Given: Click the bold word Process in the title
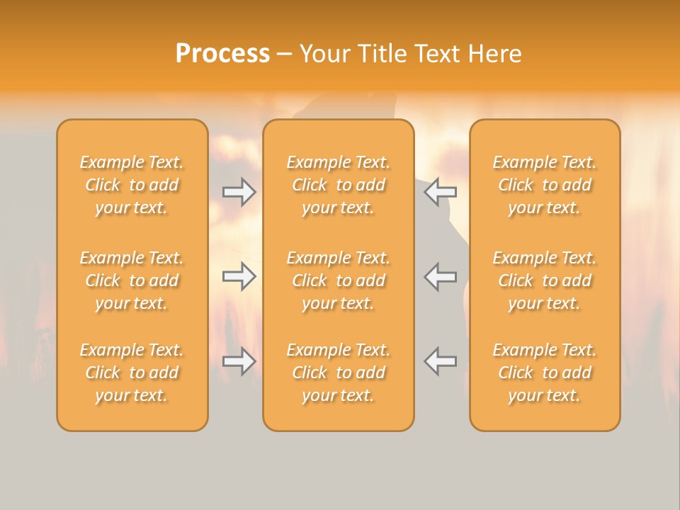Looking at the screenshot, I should pos(222,54).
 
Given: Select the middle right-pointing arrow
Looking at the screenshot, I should pos(239,276).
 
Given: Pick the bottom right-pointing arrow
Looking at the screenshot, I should pos(239,361).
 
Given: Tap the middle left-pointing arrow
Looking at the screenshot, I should pos(441,276).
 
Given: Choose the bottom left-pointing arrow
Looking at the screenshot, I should pos(441,361).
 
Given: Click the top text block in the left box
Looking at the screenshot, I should pos(132,185).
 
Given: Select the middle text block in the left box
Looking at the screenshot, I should pos(132,280).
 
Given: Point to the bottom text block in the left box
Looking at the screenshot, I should pos(132,373).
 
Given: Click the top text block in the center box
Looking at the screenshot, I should pos(338,185).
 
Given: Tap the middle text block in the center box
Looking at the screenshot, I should pos(338,280).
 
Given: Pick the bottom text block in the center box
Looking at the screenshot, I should pos(338,373).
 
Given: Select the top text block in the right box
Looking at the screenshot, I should pos(544,185).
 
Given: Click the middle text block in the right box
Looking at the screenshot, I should pos(544,280).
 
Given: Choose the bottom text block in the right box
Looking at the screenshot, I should pos(544,373).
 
